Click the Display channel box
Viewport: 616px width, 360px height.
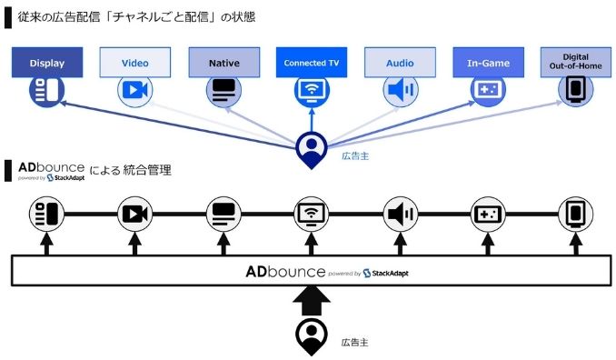tap(47, 63)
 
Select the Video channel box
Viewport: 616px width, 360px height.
tap(135, 63)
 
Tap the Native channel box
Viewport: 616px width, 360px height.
tap(224, 63)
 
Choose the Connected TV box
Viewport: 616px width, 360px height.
tap(312, 63)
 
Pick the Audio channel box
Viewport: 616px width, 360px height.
tap(400, 63)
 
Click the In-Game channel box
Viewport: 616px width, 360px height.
tap(489, 63)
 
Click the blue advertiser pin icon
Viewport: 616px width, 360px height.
tap(312, 149)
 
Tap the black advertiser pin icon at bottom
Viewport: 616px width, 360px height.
tap(312, 336)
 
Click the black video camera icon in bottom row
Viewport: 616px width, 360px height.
tap(134, 215)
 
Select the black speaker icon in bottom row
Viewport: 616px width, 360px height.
tap(400, 215)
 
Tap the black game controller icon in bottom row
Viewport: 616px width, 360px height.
tap(488, 215)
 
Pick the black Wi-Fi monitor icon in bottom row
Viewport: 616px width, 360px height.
tap(312, 215)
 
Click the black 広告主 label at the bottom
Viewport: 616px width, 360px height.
tap(353, 342)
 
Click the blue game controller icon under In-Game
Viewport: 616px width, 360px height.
tap(488, 91)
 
